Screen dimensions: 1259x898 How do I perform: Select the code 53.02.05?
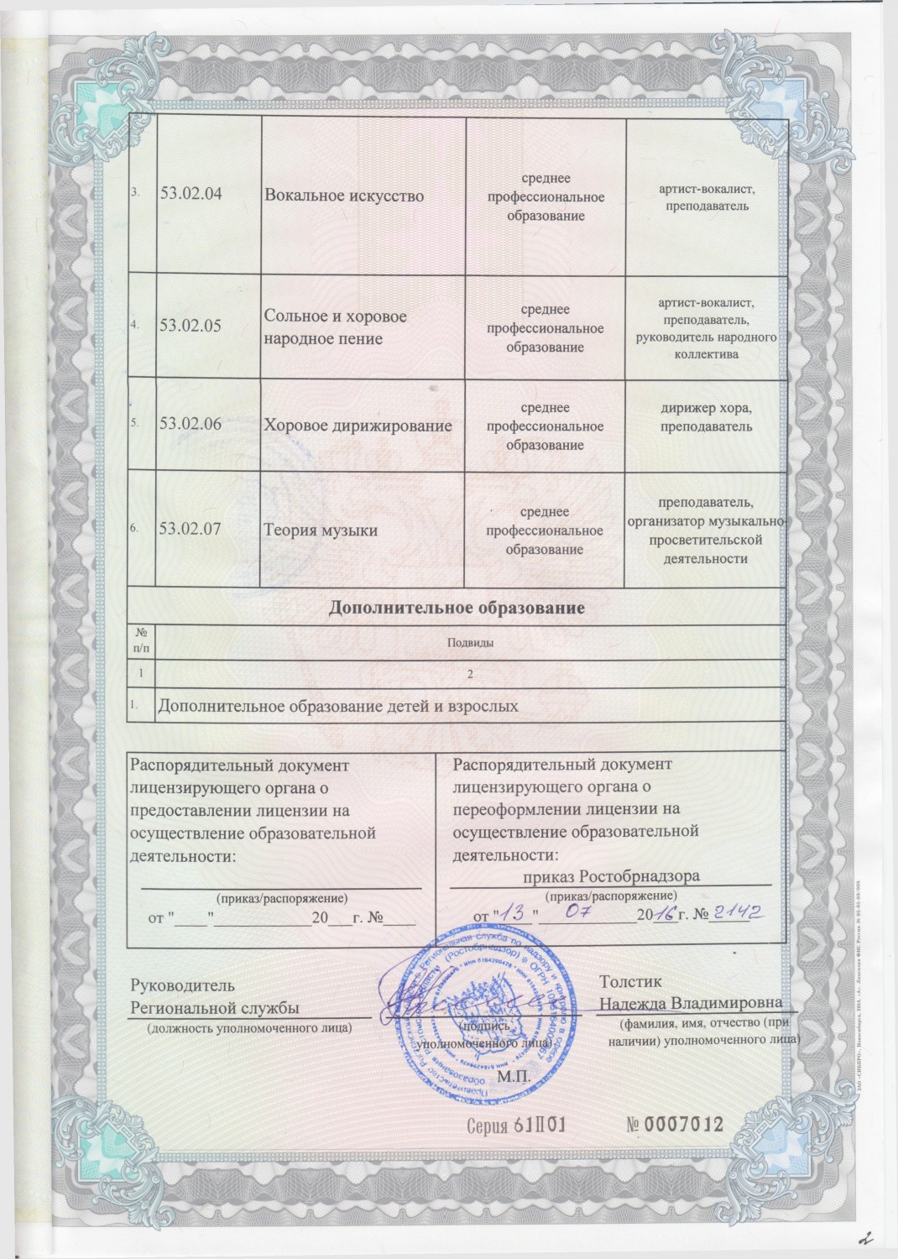pyautogui.click(x=191, y=326)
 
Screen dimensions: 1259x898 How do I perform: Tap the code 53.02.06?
pyautogui.click(x=191, y=425)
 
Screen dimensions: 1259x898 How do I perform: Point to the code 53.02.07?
pyautogui.click(x=191, y=529)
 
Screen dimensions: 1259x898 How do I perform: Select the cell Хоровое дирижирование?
pyautogui.click(x=358, y=426)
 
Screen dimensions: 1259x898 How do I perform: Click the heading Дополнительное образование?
pyautogui.click(x=457, y=606)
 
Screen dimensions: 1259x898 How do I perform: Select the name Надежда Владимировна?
pyautogui.click(x=691, y=1003)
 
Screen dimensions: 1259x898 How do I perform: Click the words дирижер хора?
pyautogui.click(x=705, y=409)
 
